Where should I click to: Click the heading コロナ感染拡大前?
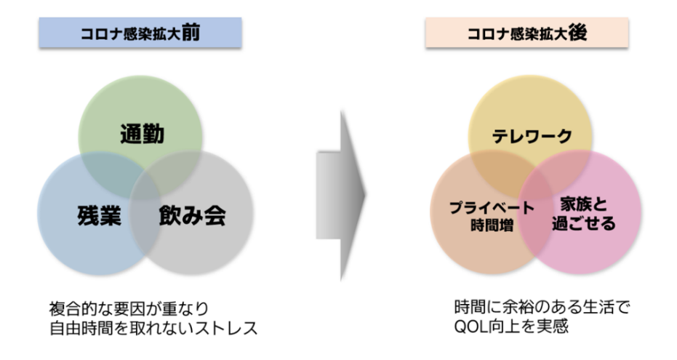coord(140,33)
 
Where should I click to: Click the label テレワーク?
coord(530,136)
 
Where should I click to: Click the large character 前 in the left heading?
coord(190,32)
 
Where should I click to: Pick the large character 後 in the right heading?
coord(577,32)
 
